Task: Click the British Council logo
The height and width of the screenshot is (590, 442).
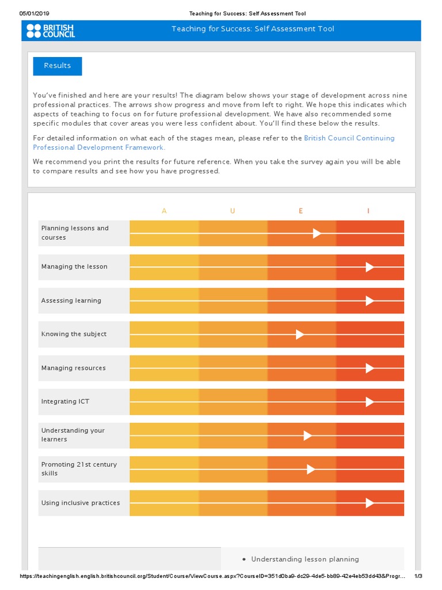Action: pos(51,31)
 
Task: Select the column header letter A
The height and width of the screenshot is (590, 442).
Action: pos(165,211)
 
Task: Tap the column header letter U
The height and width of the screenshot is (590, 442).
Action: pos(233,211)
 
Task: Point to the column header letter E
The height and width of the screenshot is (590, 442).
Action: pos(300,211)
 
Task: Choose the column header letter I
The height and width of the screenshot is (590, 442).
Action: pos(368,211)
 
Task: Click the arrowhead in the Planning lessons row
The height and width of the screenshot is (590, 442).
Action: pos(317,233)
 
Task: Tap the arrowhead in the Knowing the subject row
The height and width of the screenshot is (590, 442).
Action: pos(300,335)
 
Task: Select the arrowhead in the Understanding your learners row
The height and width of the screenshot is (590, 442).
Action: pos(308,436)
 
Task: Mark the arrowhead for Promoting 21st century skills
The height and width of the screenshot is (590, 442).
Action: pos(311,470)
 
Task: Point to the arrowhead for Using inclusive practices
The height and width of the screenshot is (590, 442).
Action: pos(369,503)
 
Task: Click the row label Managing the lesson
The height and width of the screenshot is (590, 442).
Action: pos(74,267)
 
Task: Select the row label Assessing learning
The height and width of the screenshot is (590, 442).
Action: pos(71,301)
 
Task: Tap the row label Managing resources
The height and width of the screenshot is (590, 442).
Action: pos(73,368)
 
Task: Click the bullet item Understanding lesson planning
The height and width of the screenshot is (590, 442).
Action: pos(305,559)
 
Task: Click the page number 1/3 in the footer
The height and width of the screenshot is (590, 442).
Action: pos(418,577)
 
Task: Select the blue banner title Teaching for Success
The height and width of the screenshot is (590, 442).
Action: pos(253,29)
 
